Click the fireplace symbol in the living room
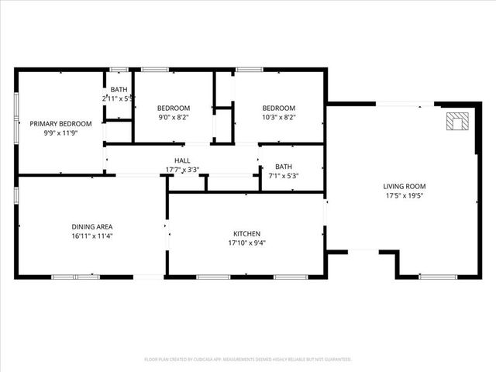[457, 121]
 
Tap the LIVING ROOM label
[405, 186]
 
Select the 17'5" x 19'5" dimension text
[405, 196]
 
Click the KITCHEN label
[246, 233]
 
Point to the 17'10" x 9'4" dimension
[246, 243]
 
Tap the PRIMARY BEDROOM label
[60, 124]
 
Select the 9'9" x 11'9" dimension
[60, 133]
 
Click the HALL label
[182, 160]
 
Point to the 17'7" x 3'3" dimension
[182, 170]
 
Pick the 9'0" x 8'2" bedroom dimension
[174, 118]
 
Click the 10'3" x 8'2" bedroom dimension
[278, 118]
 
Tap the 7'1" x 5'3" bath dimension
[284, 176]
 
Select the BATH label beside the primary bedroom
[119, 90]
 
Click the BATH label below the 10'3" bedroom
[284, 167]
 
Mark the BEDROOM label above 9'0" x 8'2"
[174, 108]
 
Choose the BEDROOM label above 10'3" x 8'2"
[278, 108]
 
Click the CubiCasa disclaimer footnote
[248, 360]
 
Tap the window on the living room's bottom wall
[438, 277]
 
